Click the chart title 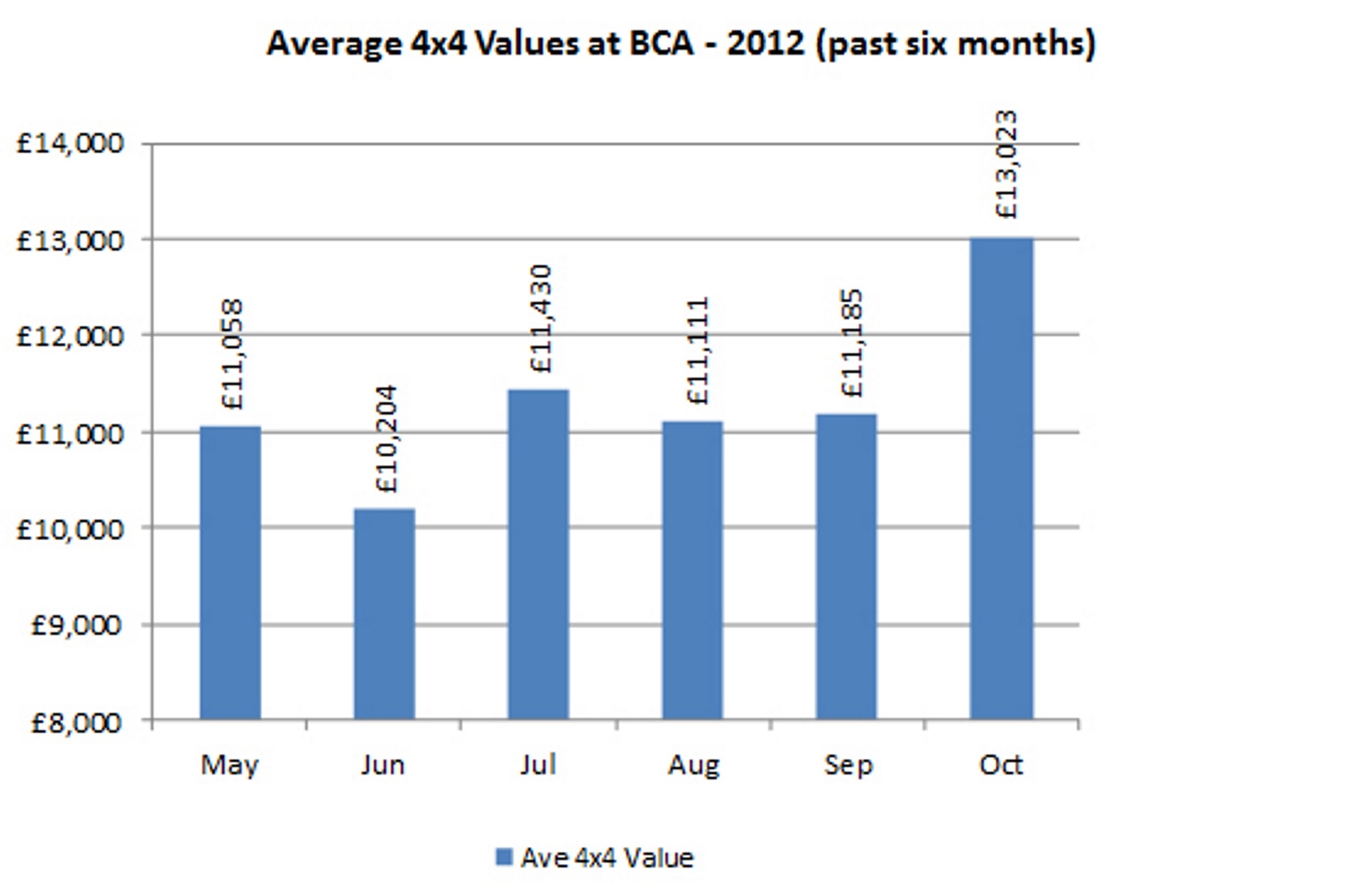tap(681, 44)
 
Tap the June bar tap(384, 614)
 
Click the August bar tap(692, 570)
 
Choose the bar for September tap(846, 566)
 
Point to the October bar tap(1002, 479)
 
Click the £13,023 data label tap(1006, 164)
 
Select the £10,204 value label tap(387, 439)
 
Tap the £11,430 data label tap(541, 319)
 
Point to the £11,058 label tap(233, 354)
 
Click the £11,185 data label tap(851, 343)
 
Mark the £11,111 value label tap(698, 351)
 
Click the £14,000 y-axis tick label tap(70, 144)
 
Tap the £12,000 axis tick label tap(70, 336)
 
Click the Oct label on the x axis tap(1001, 766)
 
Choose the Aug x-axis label tap(693, 766)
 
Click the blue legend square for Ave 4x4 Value tap(504, 858)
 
